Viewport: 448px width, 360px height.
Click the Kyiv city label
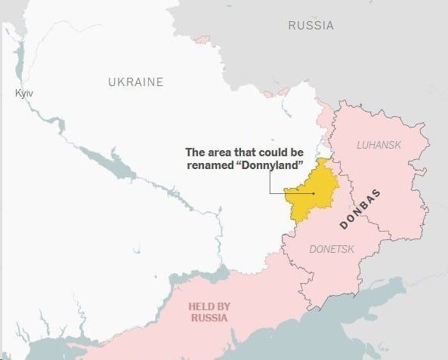point(24,93)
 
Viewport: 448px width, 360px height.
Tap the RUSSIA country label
point(311,26)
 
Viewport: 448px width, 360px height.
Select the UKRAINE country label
point(135,82)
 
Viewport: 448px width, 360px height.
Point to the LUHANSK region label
point(378,144)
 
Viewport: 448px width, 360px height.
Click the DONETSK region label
point(332,248)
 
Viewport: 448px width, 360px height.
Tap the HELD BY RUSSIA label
point(209,312)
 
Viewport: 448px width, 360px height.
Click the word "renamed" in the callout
point(210,164)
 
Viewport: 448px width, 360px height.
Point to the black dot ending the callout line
point(314,194)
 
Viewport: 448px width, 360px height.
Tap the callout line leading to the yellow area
point(280,194)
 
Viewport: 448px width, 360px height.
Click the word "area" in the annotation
point(230,150)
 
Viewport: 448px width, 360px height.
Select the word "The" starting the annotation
point(198,150)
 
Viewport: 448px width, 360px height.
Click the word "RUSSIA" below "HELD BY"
point(209,318)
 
